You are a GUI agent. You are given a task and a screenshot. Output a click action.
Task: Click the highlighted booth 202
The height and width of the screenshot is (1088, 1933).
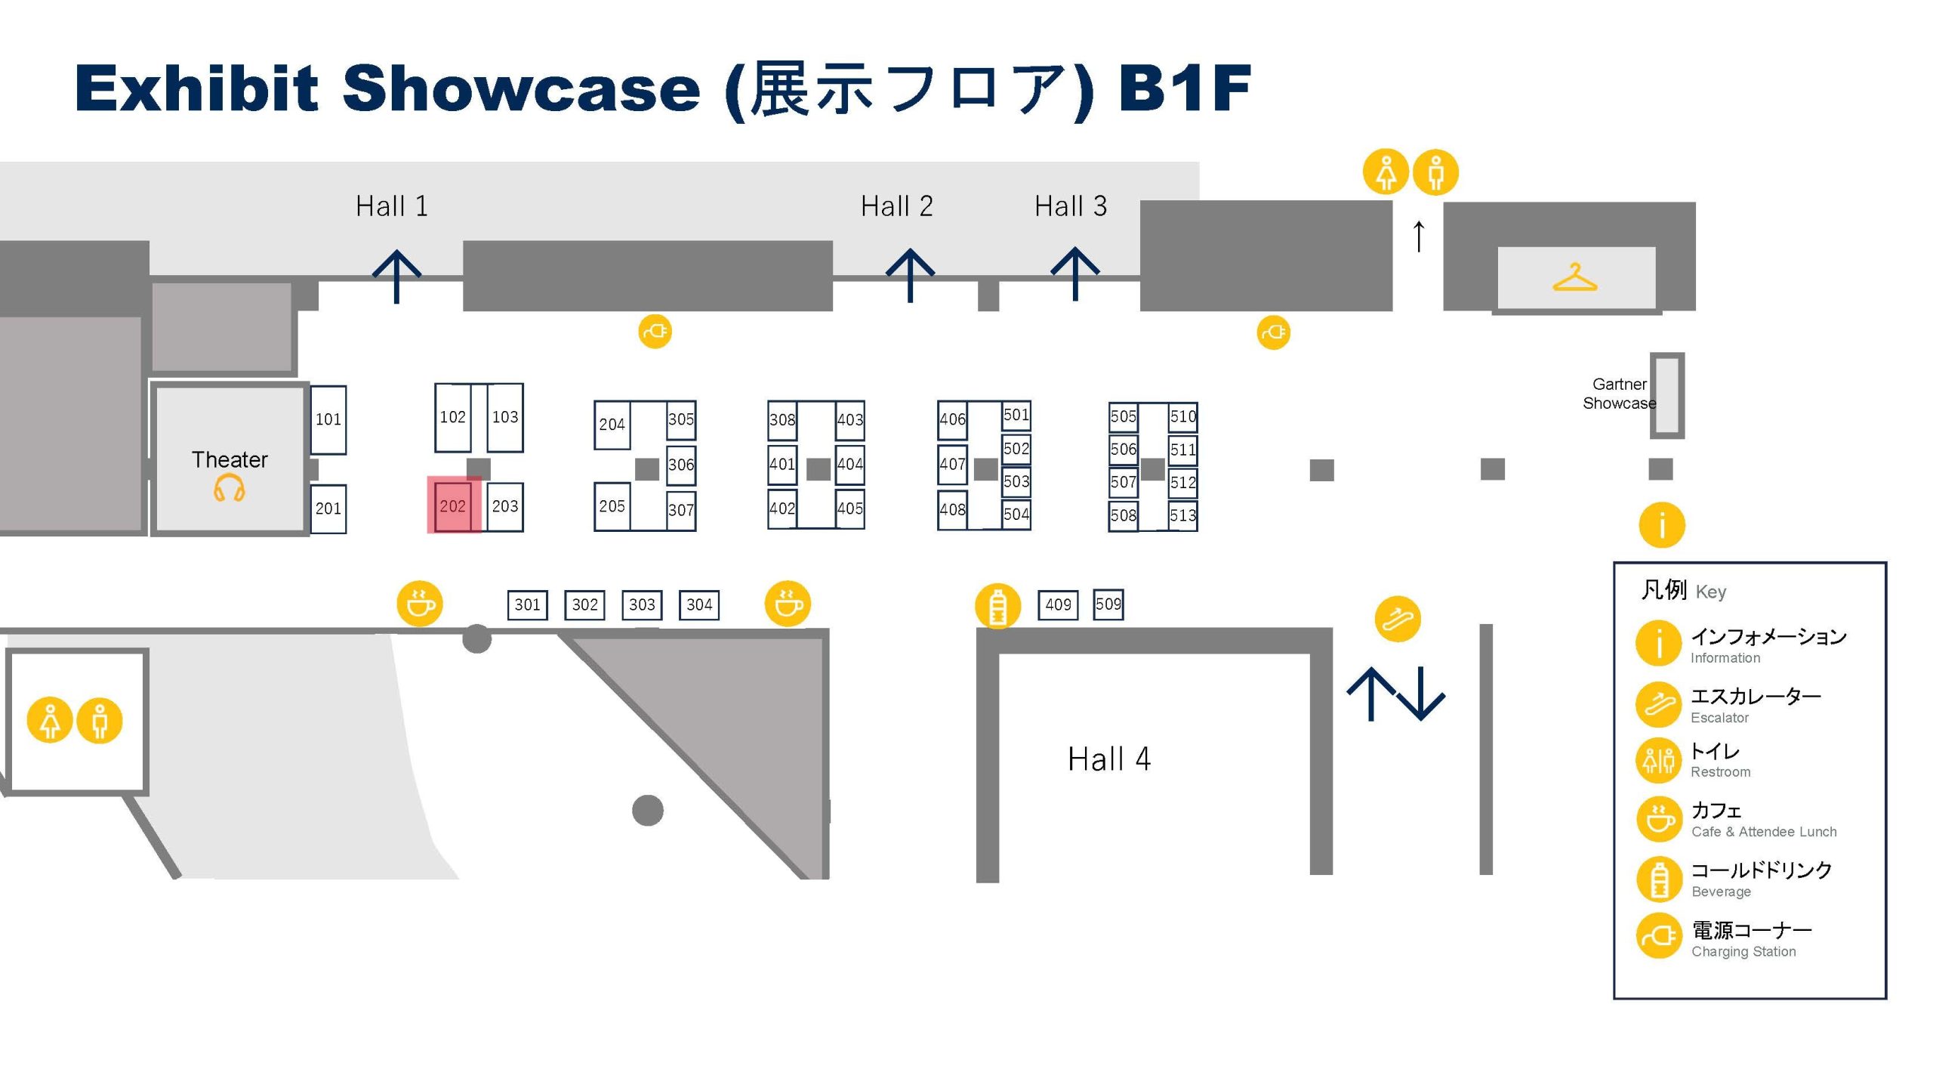pos(453,505)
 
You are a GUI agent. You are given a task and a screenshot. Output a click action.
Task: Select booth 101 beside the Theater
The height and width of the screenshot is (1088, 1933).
pos(328,419)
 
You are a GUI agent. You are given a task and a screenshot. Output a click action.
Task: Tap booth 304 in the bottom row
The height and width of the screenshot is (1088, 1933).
pos(699,604)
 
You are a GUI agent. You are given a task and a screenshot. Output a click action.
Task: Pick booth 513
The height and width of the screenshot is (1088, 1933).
pos(1182,515)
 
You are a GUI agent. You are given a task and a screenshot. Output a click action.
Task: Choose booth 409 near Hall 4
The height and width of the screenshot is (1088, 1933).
pos(1058,604)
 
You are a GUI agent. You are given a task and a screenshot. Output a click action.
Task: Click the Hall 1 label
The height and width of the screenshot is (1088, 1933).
pos(392,206)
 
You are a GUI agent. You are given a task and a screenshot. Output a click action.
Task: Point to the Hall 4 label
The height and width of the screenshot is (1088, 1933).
pos(1109,759)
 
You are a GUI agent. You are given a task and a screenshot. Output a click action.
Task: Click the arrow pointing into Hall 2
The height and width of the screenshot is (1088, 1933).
pos(911,275)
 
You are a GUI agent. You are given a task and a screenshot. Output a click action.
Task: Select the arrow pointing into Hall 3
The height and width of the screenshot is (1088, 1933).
pos(1075,274)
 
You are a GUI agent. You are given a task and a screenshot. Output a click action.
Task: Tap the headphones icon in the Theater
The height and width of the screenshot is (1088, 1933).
pos(229,488)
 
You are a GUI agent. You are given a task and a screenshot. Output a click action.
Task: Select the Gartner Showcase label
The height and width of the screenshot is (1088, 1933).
pos(1620,394)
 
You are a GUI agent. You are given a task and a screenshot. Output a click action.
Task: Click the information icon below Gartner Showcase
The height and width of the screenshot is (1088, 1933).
pos(1662,525)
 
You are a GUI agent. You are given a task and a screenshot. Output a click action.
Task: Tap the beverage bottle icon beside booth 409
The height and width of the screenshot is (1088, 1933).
pos(998,606)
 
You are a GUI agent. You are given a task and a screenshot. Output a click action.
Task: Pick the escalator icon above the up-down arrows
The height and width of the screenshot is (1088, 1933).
pos(1398,619)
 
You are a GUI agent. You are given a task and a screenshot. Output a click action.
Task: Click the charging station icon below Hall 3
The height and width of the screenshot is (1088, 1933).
pos(1274,332)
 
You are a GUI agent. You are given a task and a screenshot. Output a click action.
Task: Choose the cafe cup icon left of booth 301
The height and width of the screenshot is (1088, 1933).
pos(421,604)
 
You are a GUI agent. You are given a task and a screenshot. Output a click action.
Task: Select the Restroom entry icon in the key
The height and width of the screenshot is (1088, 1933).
pos(1659,760)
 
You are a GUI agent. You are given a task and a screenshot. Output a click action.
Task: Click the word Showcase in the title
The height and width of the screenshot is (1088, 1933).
pos(522,89)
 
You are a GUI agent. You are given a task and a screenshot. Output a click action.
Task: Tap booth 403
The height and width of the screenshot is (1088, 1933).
pos(850,420)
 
